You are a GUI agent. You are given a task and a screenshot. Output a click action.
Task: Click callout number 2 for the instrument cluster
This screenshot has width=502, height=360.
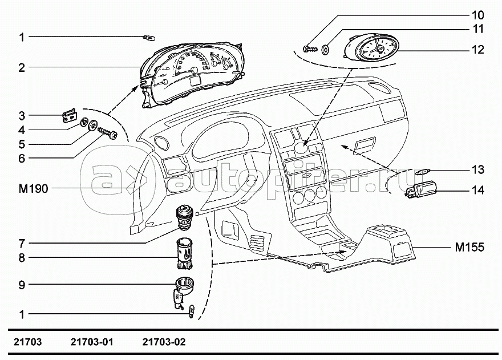coord(21,68)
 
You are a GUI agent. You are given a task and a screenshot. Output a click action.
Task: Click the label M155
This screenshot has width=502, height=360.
coord(469,248)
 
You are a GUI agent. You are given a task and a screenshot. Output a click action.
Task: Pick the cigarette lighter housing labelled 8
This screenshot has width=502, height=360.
coord(185,253)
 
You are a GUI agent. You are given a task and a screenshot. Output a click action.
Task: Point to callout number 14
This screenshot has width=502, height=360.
coord(477,191)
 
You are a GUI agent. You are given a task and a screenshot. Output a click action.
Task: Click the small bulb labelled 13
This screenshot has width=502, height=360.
coord(424,171)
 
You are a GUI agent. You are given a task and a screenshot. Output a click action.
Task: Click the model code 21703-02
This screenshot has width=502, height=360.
coord(163,343)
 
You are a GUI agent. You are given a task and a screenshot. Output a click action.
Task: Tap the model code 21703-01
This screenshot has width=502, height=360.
coord(92,343)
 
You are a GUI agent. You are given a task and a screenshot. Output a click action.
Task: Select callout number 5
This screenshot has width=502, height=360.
coord(21,144)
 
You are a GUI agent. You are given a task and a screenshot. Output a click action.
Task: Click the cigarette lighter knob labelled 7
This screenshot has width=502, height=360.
coord(185,216)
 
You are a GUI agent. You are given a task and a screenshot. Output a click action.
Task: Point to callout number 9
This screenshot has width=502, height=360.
coord(21,284)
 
